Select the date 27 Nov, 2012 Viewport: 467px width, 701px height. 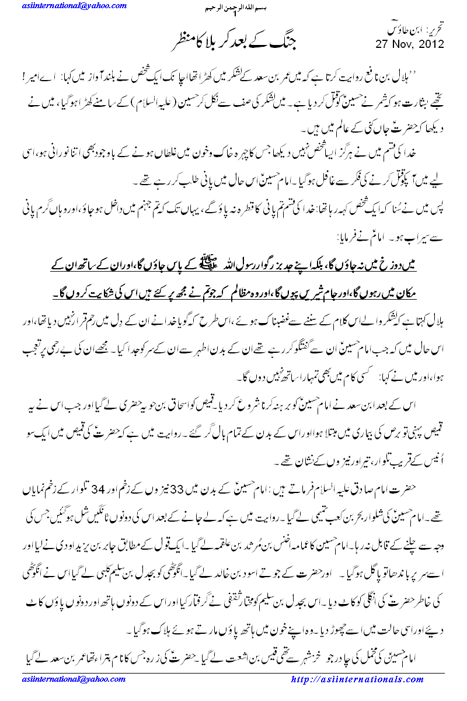click(409, 44)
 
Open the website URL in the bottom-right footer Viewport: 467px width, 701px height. click(357, 679)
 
